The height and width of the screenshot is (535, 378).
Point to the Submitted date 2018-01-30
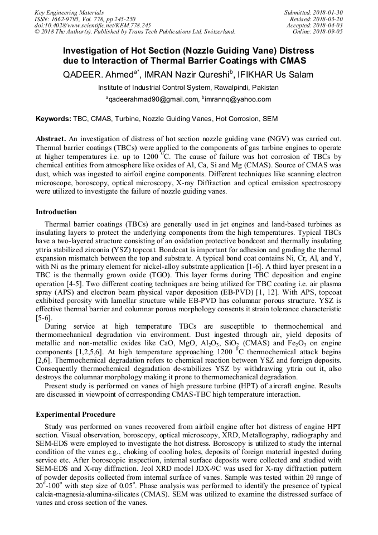pos(314,12)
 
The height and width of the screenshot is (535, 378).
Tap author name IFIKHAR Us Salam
pos(275,75)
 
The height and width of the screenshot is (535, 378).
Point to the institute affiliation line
pos(188,88)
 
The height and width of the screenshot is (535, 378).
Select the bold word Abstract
pos(51,138)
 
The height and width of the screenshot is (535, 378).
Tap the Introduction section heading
pos(56,212)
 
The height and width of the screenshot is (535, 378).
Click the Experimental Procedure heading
pos(76,414)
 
